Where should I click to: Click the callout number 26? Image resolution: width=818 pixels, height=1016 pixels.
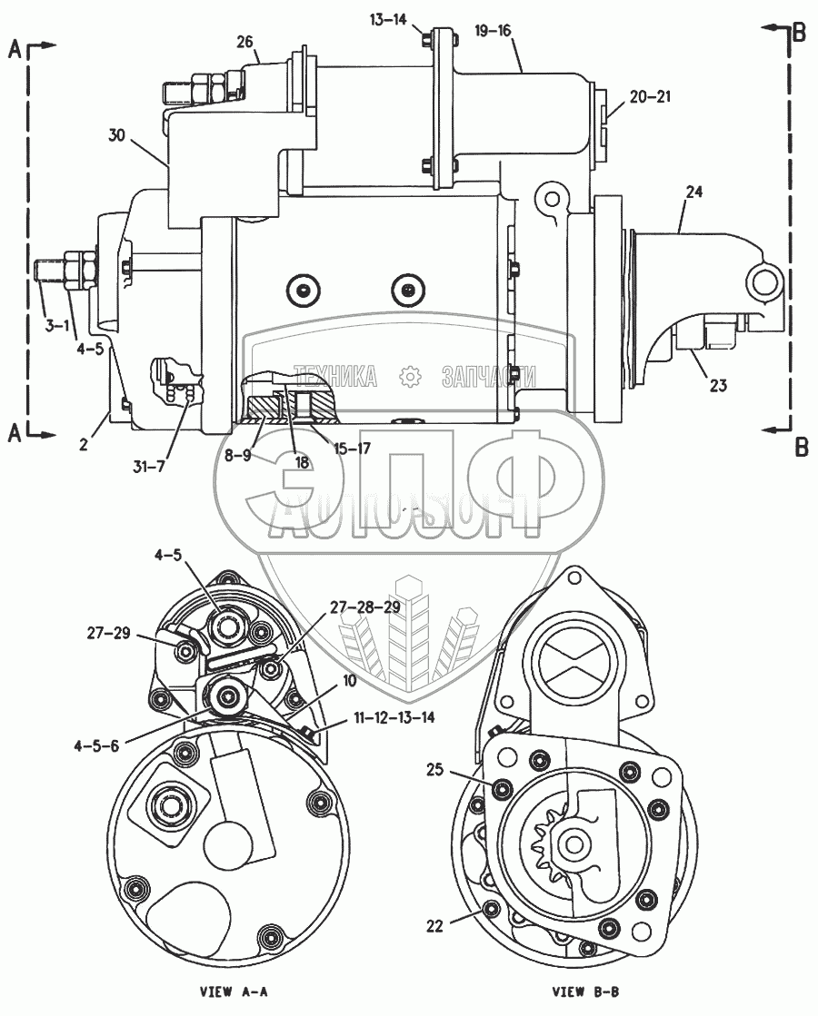click(x=244, y=42)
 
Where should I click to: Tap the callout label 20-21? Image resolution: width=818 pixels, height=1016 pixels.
click(x=650, y=96)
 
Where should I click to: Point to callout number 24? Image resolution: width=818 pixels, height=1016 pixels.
click(x=694, y=192)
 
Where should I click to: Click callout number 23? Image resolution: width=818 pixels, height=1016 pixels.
click(x=718, y=386)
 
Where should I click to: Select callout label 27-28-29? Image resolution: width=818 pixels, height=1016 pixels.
click(x=364, y=607)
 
